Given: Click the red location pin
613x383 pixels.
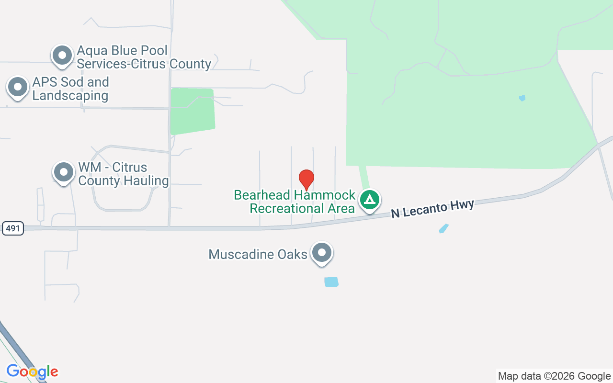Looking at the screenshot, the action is tap(306, 180).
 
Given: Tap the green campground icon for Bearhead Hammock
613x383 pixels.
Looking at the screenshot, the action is tap(370, 199).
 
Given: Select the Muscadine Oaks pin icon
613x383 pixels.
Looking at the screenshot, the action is tap(322, 252).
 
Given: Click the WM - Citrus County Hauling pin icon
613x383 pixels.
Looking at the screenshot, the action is tap(63, 171).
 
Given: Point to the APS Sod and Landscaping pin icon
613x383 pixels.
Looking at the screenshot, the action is tap(18, 87).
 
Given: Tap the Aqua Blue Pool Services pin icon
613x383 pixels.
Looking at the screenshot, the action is tap(62, 55).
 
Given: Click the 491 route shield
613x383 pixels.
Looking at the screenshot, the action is tap(13, 228).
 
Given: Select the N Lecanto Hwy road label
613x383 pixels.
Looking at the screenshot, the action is tap(432, 209).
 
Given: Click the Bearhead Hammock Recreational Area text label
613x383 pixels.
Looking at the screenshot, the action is tap(295, 202).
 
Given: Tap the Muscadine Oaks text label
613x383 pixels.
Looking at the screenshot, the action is tap(258, 254).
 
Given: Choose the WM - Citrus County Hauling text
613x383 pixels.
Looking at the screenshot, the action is tap(123, 174).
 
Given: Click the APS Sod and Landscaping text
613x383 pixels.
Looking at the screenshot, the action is tap(70, 89).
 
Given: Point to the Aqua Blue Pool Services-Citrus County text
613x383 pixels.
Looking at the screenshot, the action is tap(144, 57).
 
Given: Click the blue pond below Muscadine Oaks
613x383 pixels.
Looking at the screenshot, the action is tap(331, 282).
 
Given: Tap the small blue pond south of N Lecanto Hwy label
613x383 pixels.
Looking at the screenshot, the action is tap(444, 228).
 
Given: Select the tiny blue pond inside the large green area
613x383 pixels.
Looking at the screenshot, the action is tap(522, 98).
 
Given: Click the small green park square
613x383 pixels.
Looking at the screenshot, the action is tap(192, 111).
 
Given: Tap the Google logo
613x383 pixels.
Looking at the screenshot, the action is tap(32, 372).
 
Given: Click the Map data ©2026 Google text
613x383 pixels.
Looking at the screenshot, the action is tap(554, 376).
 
